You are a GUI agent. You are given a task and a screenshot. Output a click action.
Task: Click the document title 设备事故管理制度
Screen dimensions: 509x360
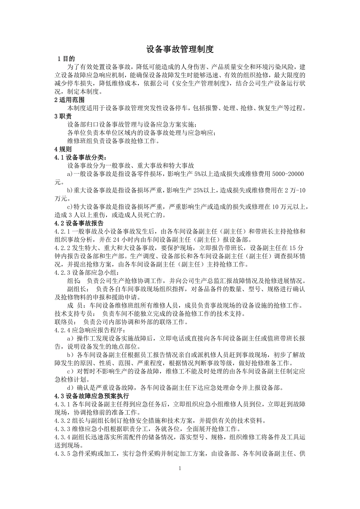(x=180, y=49)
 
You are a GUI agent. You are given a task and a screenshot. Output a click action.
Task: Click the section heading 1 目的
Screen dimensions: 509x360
(x=66, y=59)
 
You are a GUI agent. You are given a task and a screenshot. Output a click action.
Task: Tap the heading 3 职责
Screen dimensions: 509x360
(x=63, y=116)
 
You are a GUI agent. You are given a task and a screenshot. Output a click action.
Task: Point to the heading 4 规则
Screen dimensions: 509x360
(x=63, y=149)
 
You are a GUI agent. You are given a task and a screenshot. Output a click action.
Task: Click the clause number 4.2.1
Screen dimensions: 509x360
(x=62, y=232)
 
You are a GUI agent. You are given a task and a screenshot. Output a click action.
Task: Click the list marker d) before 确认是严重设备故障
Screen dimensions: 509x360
(x=71, y=388)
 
